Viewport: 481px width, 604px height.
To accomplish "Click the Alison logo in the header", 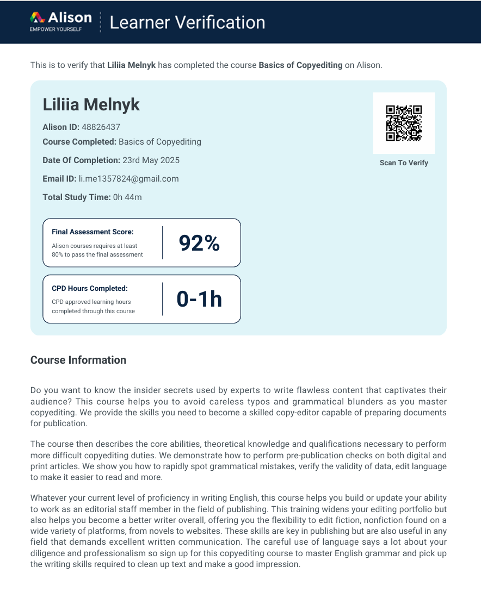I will pos(60,18).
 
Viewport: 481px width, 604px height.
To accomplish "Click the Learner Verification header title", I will pos(187,22).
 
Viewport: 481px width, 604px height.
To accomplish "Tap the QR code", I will pos(404,123).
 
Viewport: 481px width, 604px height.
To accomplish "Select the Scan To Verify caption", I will pos(404,163).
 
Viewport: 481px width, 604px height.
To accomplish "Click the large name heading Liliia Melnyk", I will pos(91,104).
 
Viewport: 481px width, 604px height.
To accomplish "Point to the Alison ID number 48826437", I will pos(101,127).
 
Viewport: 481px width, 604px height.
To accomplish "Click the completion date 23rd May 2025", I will pos(151,160).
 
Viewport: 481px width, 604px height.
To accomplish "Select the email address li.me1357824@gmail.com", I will pos(128,179).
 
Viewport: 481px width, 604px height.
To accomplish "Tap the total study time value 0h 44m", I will pos(127,197).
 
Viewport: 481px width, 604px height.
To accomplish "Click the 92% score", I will pos(199,243).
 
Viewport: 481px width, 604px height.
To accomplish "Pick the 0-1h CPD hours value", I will pos(199,299).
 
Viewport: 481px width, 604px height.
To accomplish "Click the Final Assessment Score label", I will pos(92,232).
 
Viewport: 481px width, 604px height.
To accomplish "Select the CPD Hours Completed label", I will pos(90,289).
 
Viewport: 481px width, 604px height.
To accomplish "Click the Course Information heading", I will pos(78,360).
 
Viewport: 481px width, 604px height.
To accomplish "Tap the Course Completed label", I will pos(79,142).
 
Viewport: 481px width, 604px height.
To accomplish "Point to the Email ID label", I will pos(59,179).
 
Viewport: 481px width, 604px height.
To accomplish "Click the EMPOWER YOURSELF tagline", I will pos(55,29).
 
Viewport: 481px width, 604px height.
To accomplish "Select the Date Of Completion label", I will pos(81,160).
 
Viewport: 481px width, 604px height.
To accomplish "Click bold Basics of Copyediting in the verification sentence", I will pos(300,65).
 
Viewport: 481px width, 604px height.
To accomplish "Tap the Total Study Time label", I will pos(77,197).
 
